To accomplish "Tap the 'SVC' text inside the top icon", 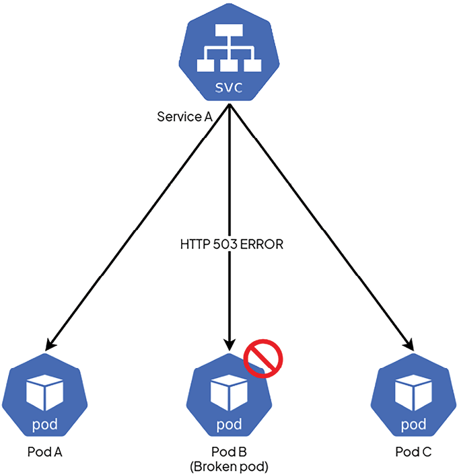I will pyautogui.click(x=229, y=88).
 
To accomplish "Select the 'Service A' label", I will pyautogui.click(x=184, y=116).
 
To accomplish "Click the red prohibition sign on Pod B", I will pyautogui.click(x=262, y=357).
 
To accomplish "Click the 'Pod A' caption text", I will pyautogui.click(x=44, y=451).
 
